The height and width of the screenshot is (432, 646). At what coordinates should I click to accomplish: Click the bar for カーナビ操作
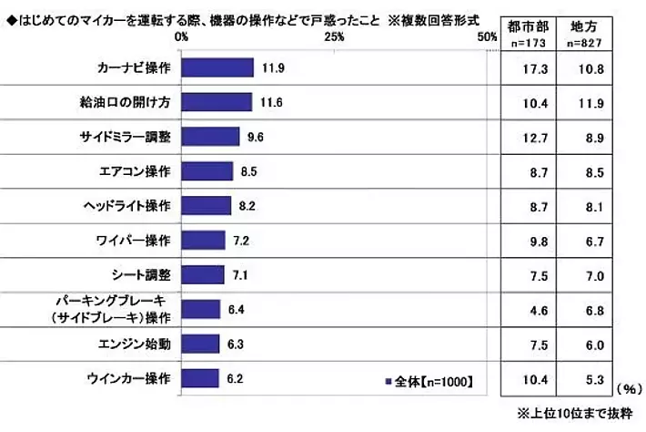[x=217, y=68]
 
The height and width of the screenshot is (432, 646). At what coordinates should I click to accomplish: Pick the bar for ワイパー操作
[x=203, y=241]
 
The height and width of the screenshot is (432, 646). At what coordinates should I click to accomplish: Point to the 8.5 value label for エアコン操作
[x=247, y=171]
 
